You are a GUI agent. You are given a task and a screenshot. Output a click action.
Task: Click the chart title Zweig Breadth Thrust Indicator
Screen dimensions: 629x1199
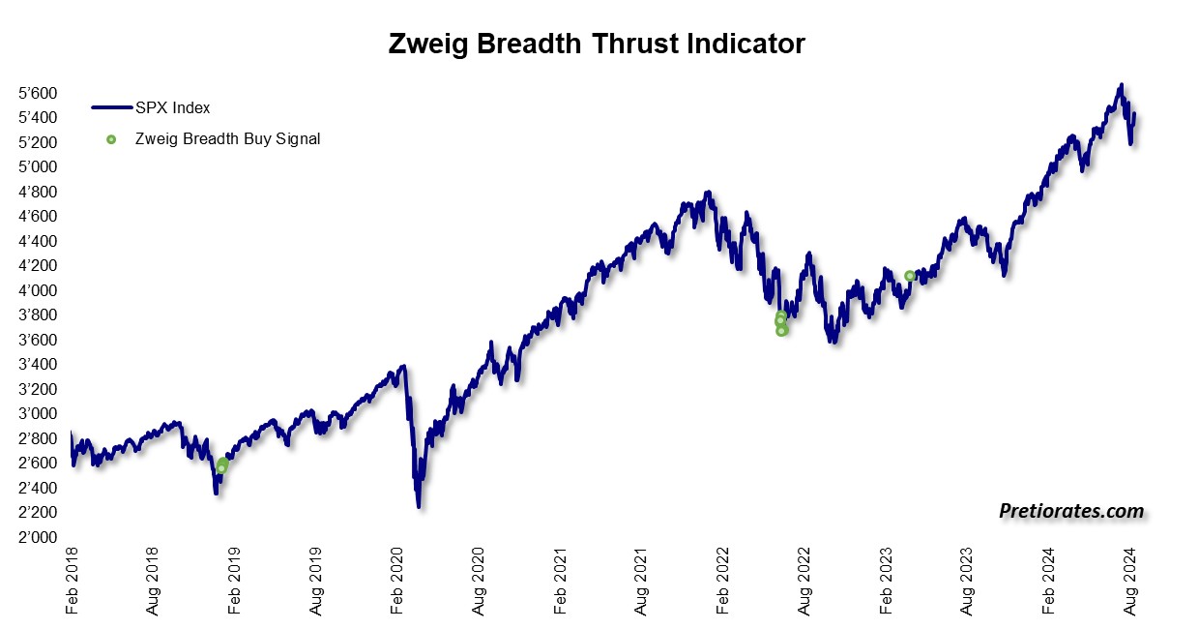coord(596,45)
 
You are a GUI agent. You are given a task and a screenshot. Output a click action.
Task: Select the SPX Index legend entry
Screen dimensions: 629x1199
coord(172,107)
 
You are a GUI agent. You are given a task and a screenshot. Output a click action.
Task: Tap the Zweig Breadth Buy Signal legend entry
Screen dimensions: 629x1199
coord(227,138)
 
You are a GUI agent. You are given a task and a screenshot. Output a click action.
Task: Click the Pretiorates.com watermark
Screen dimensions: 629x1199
coord(1070,511)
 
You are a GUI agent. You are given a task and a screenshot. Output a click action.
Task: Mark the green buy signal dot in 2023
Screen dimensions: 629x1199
coord(910,276)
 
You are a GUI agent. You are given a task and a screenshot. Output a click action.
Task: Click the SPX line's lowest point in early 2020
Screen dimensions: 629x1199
coord(419,505)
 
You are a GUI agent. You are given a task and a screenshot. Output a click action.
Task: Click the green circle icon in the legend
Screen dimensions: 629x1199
coord(111,139)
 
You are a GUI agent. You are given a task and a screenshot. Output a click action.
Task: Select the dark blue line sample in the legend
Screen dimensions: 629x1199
coord(112,107)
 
